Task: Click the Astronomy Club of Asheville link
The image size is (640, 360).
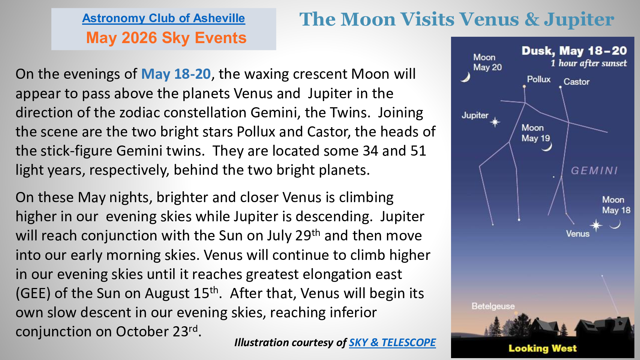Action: click(x=163, y=18)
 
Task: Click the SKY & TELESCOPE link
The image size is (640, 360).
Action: click(x=392, y=342)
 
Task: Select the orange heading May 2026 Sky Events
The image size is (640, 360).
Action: click(x=166, y=38)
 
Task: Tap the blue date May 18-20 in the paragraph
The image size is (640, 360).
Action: click(x=176, y=74)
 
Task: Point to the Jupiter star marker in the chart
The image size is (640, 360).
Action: click(x=495, y=122)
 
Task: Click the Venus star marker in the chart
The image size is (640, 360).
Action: click(x=596, y=225)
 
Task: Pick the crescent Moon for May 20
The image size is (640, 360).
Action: click(x=466, y=77)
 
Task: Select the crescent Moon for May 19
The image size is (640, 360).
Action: click(x=547, y=147)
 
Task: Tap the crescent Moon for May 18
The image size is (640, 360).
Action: click(x=615, y=225)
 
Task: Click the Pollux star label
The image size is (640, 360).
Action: click(x=538, y=79)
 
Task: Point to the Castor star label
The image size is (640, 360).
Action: click(x=576, y=82)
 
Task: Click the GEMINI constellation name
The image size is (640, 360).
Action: click(x=594, y=171)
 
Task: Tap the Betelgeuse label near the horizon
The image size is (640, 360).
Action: click(x=493, y=306)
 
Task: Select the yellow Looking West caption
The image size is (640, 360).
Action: click(x=542, y=348)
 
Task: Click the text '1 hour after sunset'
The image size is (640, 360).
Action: click(x=589, y=63)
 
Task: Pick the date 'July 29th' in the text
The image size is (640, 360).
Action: click(x=294, y=235)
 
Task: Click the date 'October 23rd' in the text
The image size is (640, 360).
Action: click(x=157, y=331)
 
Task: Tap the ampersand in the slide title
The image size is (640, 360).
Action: click(x=531, y=19)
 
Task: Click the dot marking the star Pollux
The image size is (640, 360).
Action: click(x=524, y=86)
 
